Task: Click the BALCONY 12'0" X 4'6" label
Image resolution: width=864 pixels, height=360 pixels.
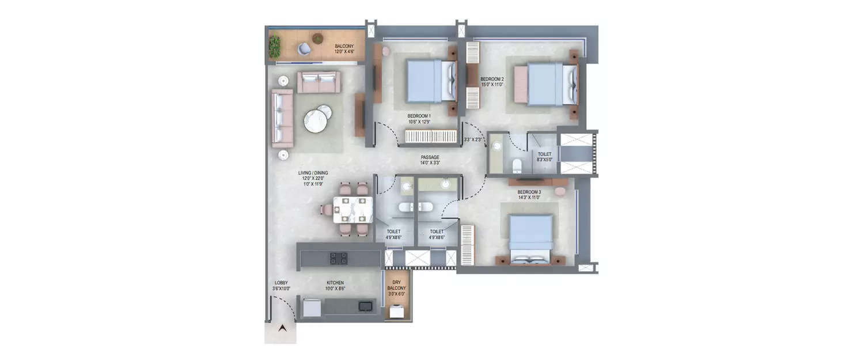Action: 344,48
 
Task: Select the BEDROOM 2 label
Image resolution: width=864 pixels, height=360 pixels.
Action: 492,82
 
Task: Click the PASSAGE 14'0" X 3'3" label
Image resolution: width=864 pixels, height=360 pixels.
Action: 430,160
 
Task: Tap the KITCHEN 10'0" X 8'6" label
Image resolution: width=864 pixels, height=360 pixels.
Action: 335,286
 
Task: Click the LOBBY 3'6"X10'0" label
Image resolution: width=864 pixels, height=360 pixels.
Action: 282,286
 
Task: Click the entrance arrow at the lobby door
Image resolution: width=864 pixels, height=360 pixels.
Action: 282,329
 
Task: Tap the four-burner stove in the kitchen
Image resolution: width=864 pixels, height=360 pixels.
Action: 338,258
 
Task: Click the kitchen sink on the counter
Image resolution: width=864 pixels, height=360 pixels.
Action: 365,306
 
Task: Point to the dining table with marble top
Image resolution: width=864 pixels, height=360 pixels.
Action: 350,210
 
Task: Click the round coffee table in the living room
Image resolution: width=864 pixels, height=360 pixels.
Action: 316,120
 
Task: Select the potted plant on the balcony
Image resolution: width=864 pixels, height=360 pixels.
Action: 275,47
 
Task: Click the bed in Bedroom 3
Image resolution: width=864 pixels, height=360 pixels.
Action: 530,239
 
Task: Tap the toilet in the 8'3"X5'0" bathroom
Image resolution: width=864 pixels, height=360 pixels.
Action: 517,165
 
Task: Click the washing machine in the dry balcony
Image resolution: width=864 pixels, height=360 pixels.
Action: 396,312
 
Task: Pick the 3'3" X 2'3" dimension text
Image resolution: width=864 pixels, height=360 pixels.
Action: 472,139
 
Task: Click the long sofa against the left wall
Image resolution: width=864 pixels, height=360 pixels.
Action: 282,118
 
